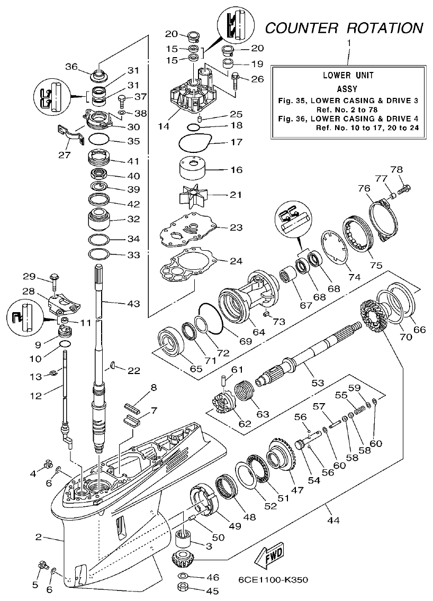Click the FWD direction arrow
[x=268, y=556]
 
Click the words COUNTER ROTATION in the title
[x=344, y=28]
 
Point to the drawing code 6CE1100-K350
[x=273, y=579]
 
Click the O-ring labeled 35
[x=99, y=141]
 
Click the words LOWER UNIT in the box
[x=348, y=76]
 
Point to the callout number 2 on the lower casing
[x=38, y=537]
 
